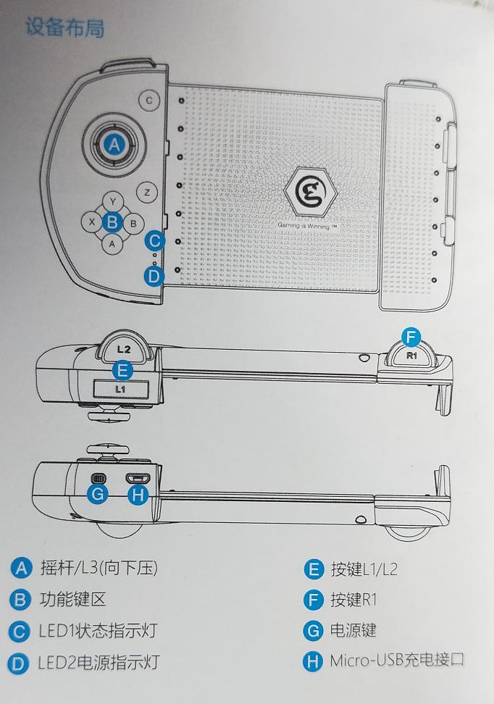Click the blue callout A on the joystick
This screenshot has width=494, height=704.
(x=112, y=145)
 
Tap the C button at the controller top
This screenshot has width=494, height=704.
(x=149, y=100)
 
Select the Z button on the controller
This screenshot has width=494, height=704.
(x=147, y=193)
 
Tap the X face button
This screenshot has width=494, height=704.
(x=91, y=223)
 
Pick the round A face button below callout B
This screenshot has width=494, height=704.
(x=112, y=244)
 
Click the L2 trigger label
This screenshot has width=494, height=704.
(x=123, y=348)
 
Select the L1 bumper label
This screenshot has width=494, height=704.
(x=121, y=389)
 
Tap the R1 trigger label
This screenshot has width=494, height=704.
(x=411, y=356)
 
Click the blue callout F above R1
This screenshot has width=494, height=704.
(x=411, y=337)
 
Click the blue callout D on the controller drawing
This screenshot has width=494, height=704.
(x=153, y=275)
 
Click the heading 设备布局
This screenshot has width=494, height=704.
(x=64, y=28)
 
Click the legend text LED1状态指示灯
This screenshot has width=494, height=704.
(x=97, y=630)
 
